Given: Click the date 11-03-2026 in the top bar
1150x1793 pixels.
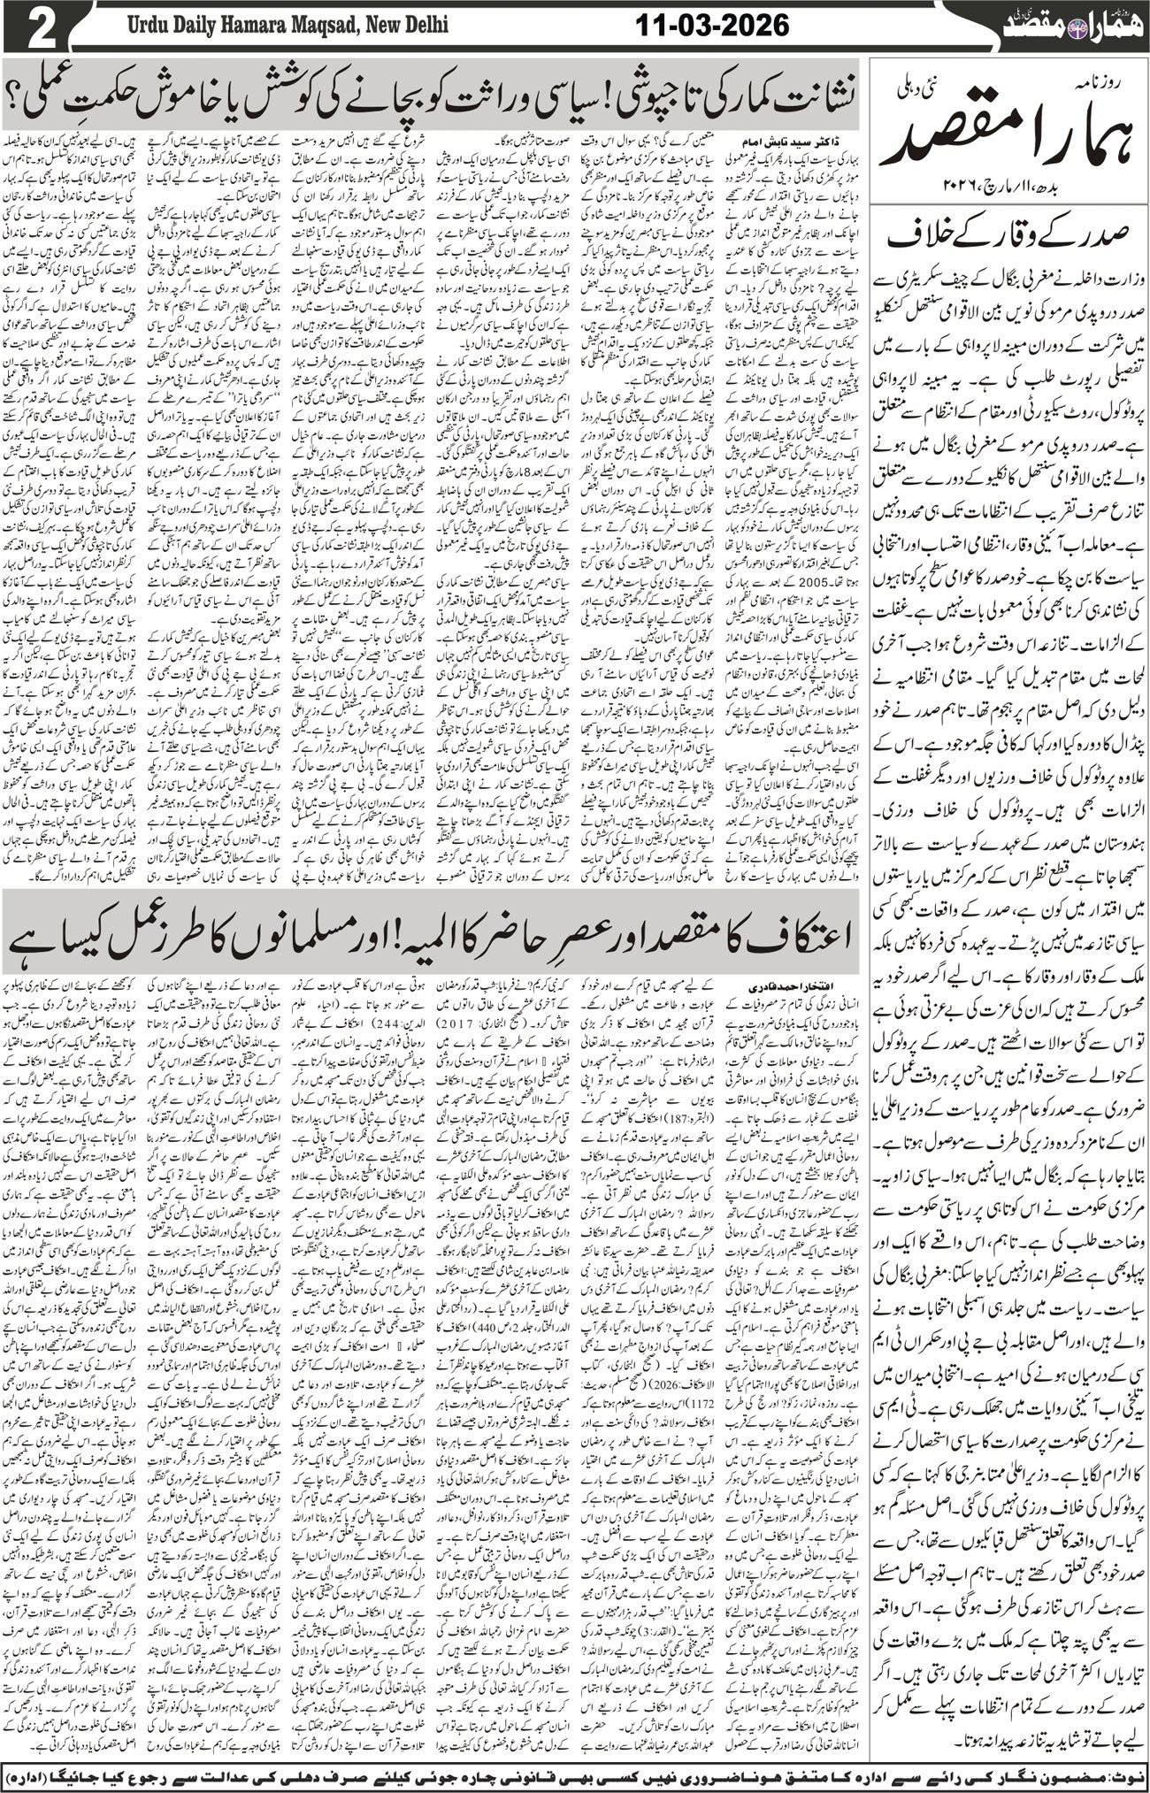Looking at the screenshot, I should (x=713, y=26).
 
